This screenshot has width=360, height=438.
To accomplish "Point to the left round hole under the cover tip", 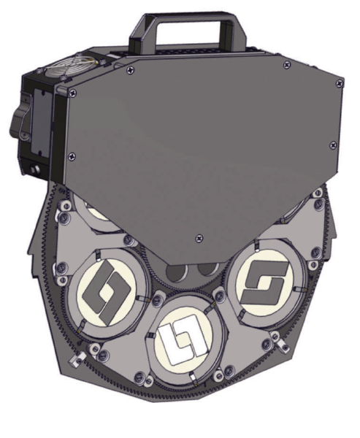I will tap(175, 274).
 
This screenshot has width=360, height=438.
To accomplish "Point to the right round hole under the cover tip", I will tap(196, 274).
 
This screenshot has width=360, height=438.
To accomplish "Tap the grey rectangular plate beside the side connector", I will tap(42, 128).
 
